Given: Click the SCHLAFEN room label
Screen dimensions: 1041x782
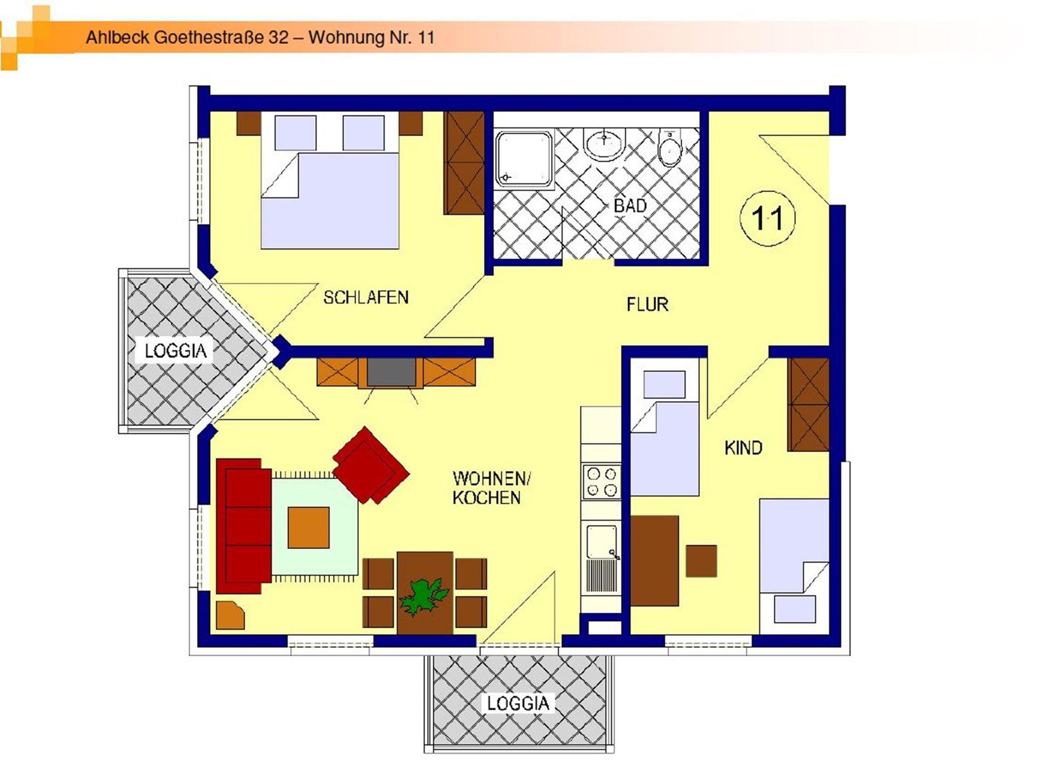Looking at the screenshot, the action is [366, 297].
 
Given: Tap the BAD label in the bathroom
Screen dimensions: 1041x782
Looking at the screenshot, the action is [630, 206].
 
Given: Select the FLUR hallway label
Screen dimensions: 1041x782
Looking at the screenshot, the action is [647, 305].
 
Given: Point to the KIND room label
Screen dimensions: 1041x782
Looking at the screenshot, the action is [743, 448].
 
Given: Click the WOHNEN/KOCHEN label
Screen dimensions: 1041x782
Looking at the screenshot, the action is [491, 488].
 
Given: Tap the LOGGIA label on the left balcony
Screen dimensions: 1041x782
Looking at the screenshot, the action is [176, 351].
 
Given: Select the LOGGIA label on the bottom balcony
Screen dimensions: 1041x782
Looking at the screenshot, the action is [518, 704].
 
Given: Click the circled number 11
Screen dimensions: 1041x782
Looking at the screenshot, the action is [768, 219].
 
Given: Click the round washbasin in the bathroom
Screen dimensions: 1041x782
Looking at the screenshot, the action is [604, 144].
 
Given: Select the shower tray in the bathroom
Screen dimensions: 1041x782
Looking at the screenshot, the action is [524, 159].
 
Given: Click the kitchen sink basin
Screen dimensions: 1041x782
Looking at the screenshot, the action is [601, 542].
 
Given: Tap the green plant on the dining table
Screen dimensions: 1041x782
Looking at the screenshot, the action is [423, 598].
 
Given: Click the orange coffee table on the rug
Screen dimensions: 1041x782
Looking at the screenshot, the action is [309, 528].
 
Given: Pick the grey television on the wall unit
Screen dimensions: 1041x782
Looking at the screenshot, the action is [392, 372].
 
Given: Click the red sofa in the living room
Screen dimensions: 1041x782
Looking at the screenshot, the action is [243, 526].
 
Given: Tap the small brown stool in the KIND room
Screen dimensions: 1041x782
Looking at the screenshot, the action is [701, 561].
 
